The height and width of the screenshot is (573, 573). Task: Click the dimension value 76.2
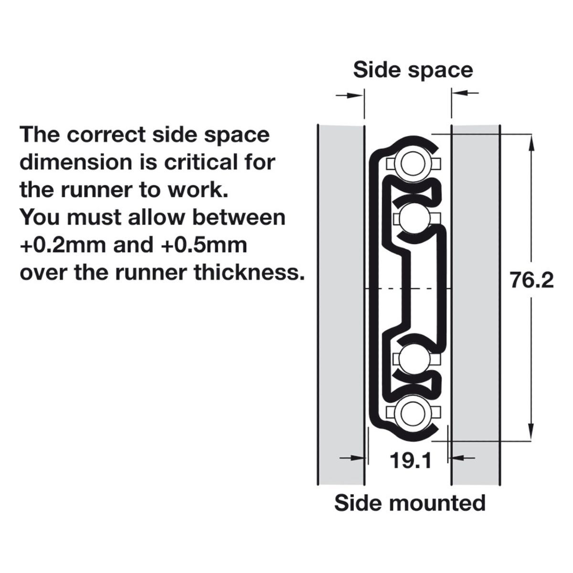531,280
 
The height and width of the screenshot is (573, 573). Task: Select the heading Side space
413,70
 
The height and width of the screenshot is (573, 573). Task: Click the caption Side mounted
410,503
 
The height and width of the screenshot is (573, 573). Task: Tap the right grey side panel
476,306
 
